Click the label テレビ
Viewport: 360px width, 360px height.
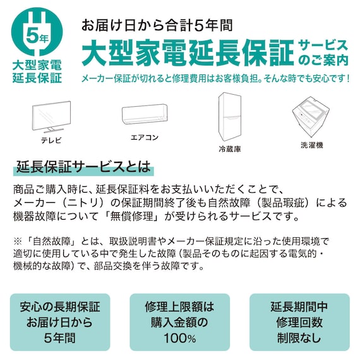(x=52, y=139)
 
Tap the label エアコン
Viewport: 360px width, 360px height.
(x=144, y=137)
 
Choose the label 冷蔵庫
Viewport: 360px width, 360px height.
(x=230, y=150)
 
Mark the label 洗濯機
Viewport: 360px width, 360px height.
(x=311, y=145)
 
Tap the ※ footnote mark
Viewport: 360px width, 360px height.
(x=17, y=241)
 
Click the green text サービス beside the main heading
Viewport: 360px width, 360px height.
(x=323, y=45)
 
